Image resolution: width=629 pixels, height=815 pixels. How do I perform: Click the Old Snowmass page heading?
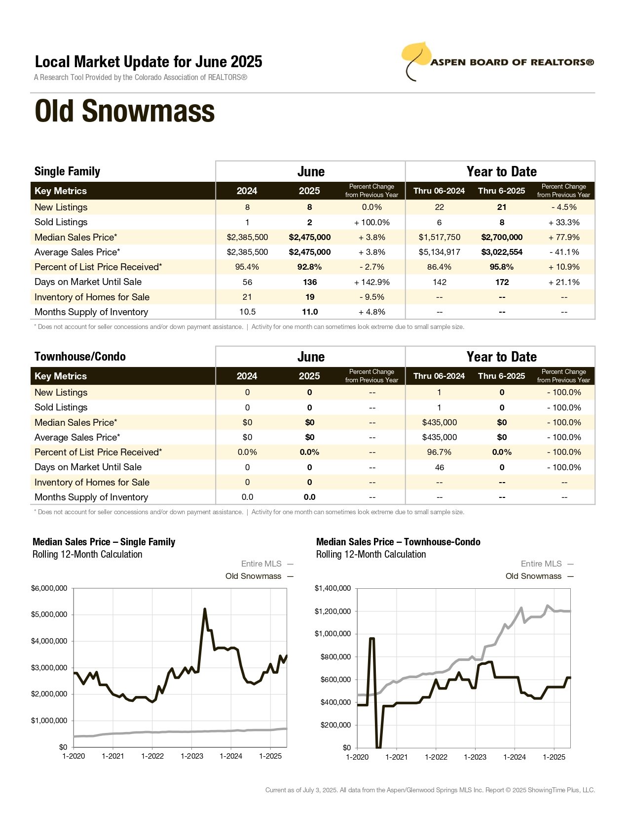(x=124, y=111)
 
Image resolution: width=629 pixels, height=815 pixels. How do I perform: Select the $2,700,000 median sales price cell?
(x=502, y=237)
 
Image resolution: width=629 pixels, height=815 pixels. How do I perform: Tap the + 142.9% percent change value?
(x=371, y=282)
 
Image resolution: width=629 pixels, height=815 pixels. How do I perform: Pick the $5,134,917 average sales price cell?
(x=440, y=252)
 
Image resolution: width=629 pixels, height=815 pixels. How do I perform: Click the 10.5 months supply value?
(x=247, y=312)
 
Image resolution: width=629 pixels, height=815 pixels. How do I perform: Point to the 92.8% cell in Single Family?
(x=309, y=267)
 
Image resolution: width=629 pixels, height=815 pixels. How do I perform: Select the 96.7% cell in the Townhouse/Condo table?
(x=439, y=452)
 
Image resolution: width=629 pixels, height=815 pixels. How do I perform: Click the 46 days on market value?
(x=440, y=467)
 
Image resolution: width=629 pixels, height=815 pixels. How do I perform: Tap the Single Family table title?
(x=68, y=171)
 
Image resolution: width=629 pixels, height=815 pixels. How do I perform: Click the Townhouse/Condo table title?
(x=80, y=356)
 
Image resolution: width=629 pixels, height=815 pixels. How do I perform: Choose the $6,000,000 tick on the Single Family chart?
(x=49, y=588)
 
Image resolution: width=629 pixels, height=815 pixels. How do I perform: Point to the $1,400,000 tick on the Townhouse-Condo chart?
(x=333, y=588)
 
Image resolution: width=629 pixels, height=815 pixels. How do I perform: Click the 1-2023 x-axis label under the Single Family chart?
(x=192, y=756)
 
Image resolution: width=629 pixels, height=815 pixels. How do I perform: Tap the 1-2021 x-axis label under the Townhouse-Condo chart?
(x=396, y=757)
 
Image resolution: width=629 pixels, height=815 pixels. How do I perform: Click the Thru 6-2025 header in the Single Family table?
(x=501, y=191)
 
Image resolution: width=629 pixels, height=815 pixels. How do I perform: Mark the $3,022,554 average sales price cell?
(x=502, y=252)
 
